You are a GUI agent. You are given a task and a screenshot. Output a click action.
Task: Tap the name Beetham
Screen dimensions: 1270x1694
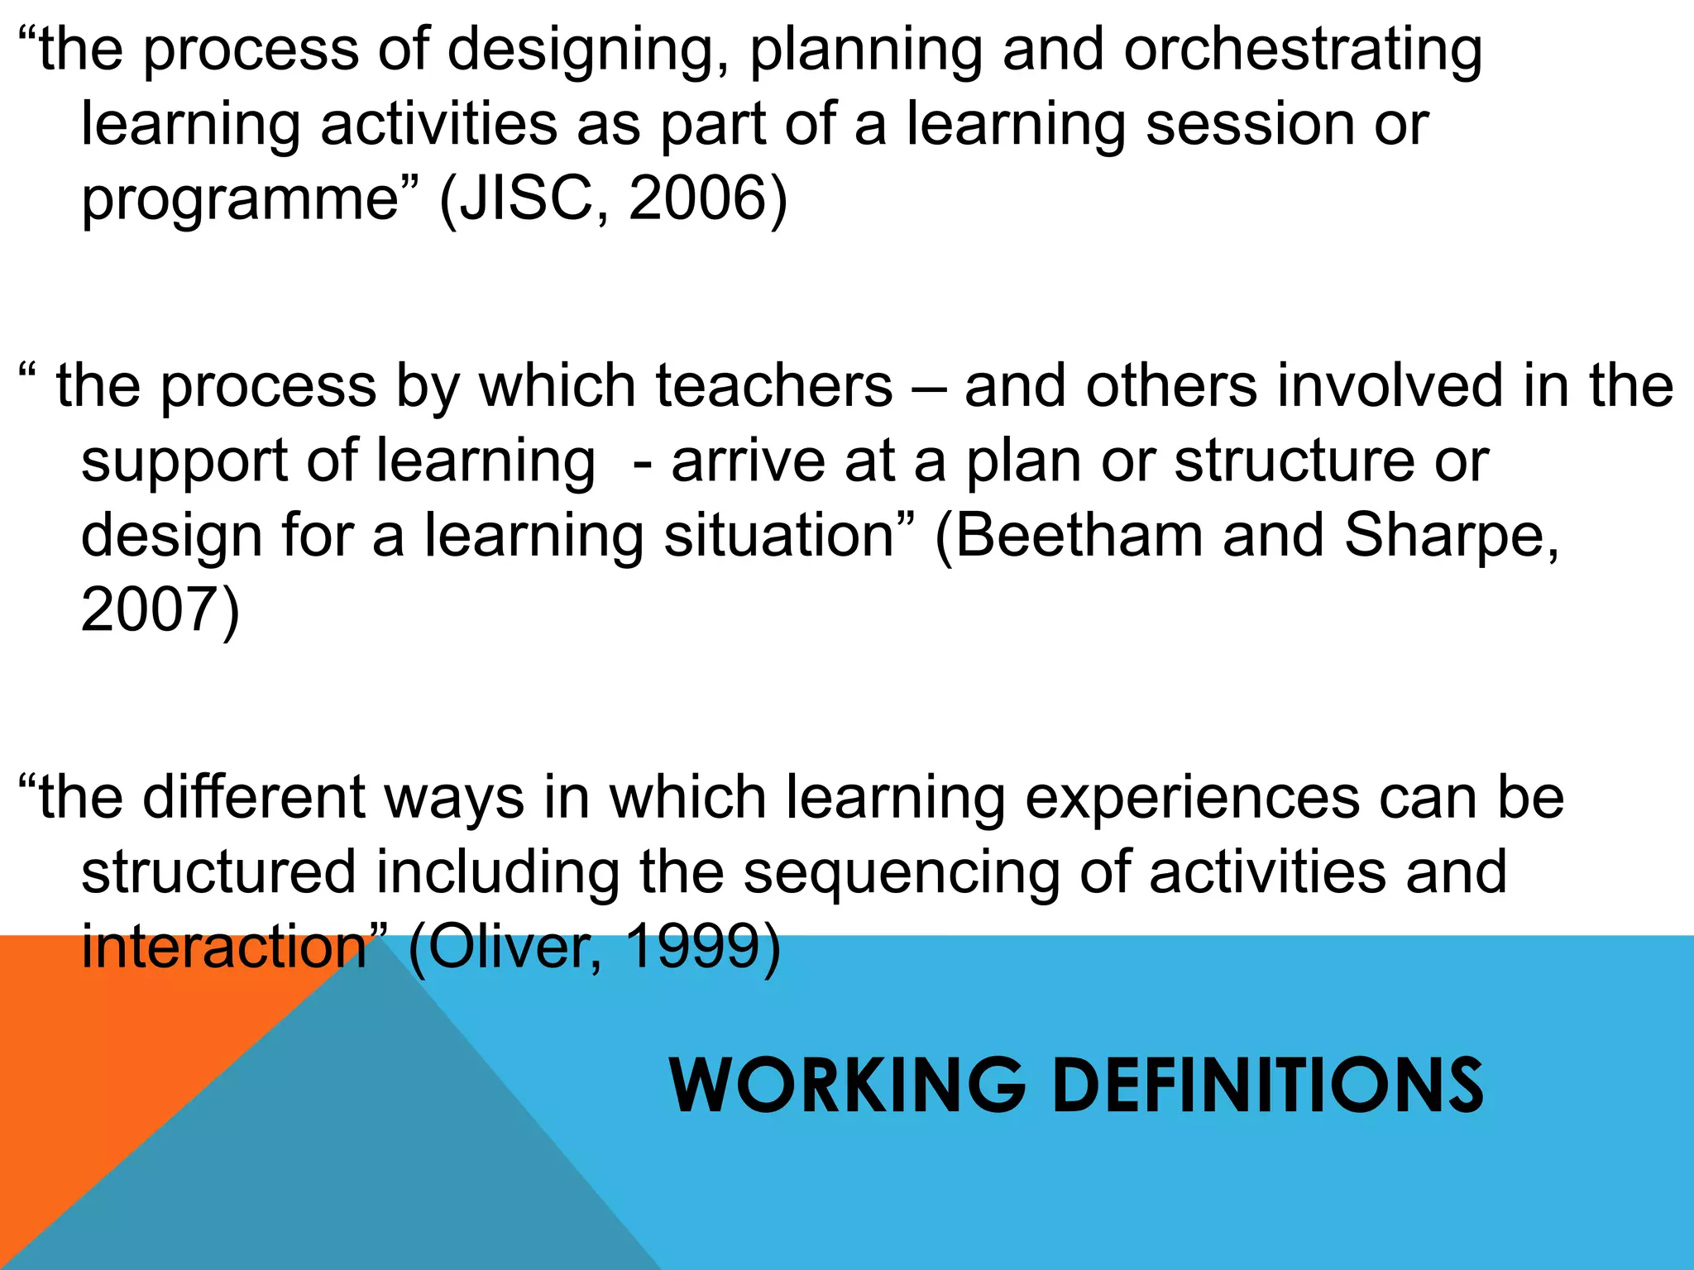click(x=1079, y=535)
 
